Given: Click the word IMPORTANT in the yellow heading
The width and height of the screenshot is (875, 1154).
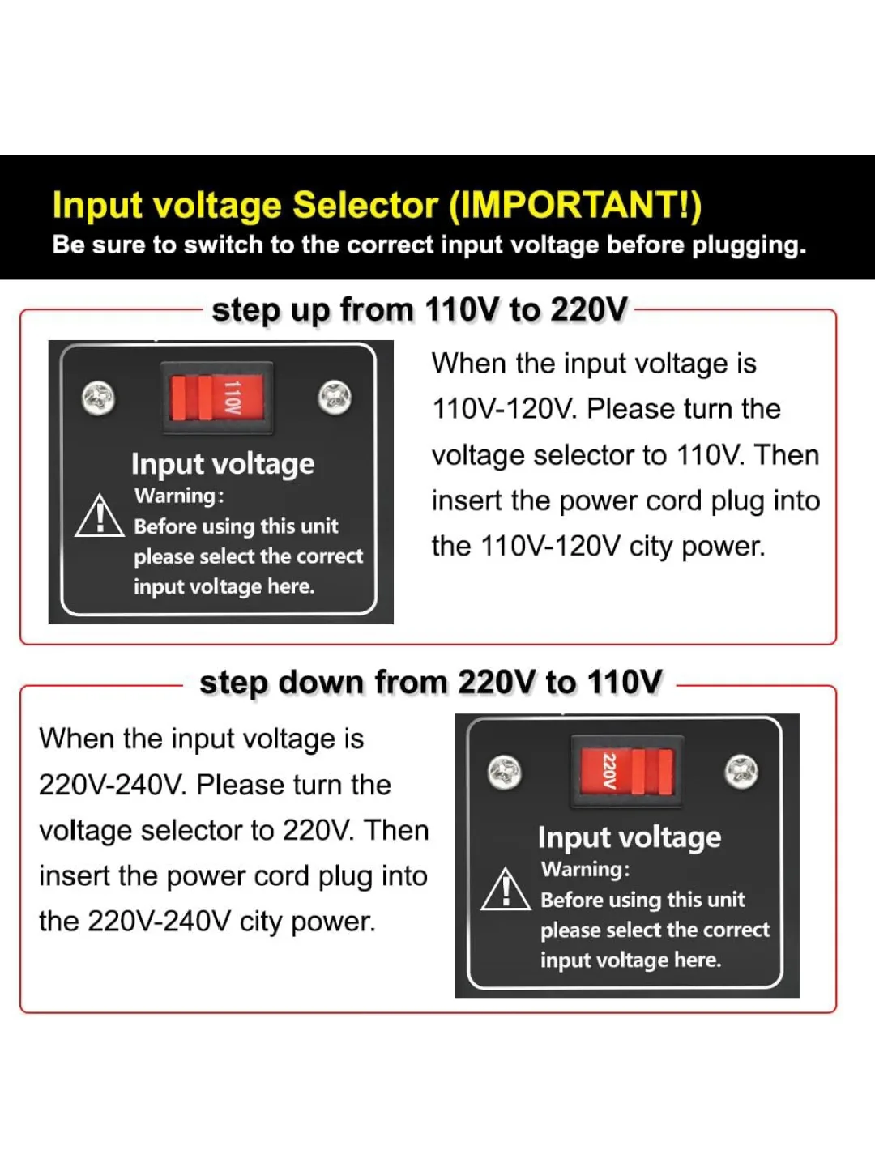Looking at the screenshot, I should [x=574, y=206].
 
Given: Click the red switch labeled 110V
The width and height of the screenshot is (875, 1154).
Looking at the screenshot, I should [x=216, y=398].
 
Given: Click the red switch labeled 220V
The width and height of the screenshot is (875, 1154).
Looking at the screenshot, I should [x=627, y=771].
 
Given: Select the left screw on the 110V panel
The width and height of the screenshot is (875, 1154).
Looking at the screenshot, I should [x=99, y=398].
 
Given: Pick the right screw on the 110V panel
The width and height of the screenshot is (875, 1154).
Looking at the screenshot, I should [x=335, y=398].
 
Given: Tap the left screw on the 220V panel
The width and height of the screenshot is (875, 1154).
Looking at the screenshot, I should [x=504, y=772].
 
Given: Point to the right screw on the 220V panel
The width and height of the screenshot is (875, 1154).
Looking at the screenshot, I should [x=741, y=771].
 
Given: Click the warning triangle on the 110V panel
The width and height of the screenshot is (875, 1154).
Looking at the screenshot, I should [x=99, y=517].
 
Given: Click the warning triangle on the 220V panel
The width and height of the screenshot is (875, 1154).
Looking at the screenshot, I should [x=506, y=890].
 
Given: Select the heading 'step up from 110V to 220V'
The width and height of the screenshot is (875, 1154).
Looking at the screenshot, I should [x=420, y=310].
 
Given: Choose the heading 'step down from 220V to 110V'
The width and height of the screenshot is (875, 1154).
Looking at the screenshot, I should [x=430, y=683].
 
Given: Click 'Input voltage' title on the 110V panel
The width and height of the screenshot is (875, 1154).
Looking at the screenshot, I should [x=223, y=464].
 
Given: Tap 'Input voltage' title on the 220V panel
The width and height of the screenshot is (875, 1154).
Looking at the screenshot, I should [x=629, y=837].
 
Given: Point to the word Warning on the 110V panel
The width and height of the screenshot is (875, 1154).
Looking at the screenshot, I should [x=177, y=496].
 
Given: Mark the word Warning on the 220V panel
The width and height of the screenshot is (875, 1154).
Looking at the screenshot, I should [x=583, y=869].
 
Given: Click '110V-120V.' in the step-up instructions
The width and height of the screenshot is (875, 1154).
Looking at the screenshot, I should [x=504, y=410].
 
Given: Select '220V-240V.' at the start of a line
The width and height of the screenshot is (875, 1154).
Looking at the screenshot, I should [x=112, y=786].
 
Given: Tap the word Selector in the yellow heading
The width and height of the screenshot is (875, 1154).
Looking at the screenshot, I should [x=365, y=206].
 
